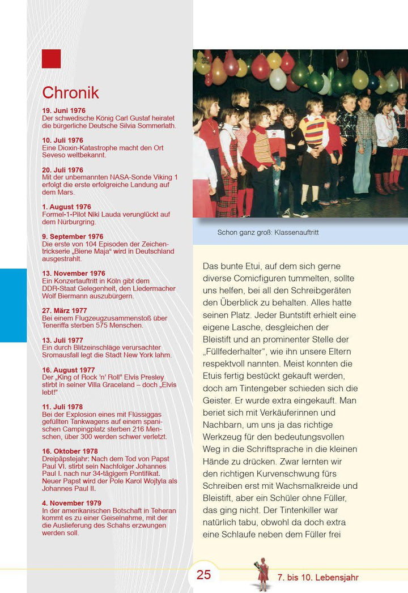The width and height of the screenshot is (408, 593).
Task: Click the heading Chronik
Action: [70, 93]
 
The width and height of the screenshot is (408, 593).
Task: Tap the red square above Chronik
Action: [51, 58]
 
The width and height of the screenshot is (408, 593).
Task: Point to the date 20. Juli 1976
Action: [62, 170]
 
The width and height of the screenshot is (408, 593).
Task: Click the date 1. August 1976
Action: [66, 207]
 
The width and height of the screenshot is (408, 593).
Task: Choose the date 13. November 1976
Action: [74, 274]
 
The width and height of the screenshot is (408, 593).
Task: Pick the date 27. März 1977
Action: [65, 310]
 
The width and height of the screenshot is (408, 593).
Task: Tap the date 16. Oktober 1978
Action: [70, 451]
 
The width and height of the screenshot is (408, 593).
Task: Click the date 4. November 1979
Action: [71, 503]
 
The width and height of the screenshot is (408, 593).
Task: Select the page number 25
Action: [204, 575]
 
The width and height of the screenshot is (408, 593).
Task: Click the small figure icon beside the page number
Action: [262, 574]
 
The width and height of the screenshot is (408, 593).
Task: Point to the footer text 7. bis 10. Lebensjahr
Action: [318, 578]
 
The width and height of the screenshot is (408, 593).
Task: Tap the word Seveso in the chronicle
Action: [55, 155]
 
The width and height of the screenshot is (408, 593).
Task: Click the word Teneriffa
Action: [58, 325]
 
